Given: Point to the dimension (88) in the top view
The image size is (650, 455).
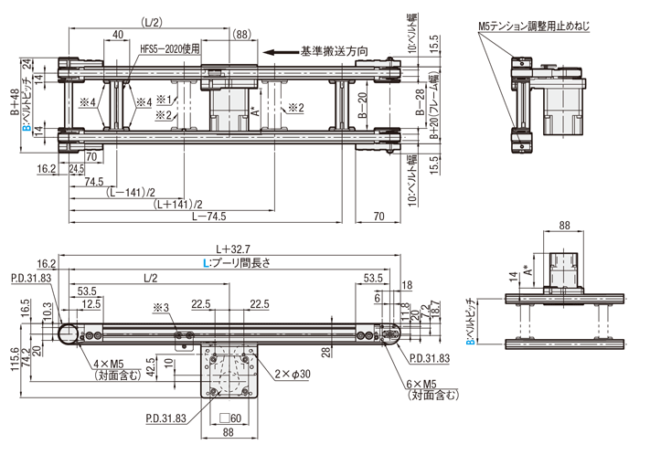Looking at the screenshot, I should pos(241,35).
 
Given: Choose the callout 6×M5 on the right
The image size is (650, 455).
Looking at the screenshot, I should pos(421,386).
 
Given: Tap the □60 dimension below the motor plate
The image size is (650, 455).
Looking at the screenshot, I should pos(231,418).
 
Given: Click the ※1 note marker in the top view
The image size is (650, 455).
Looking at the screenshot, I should pos(164,98).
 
